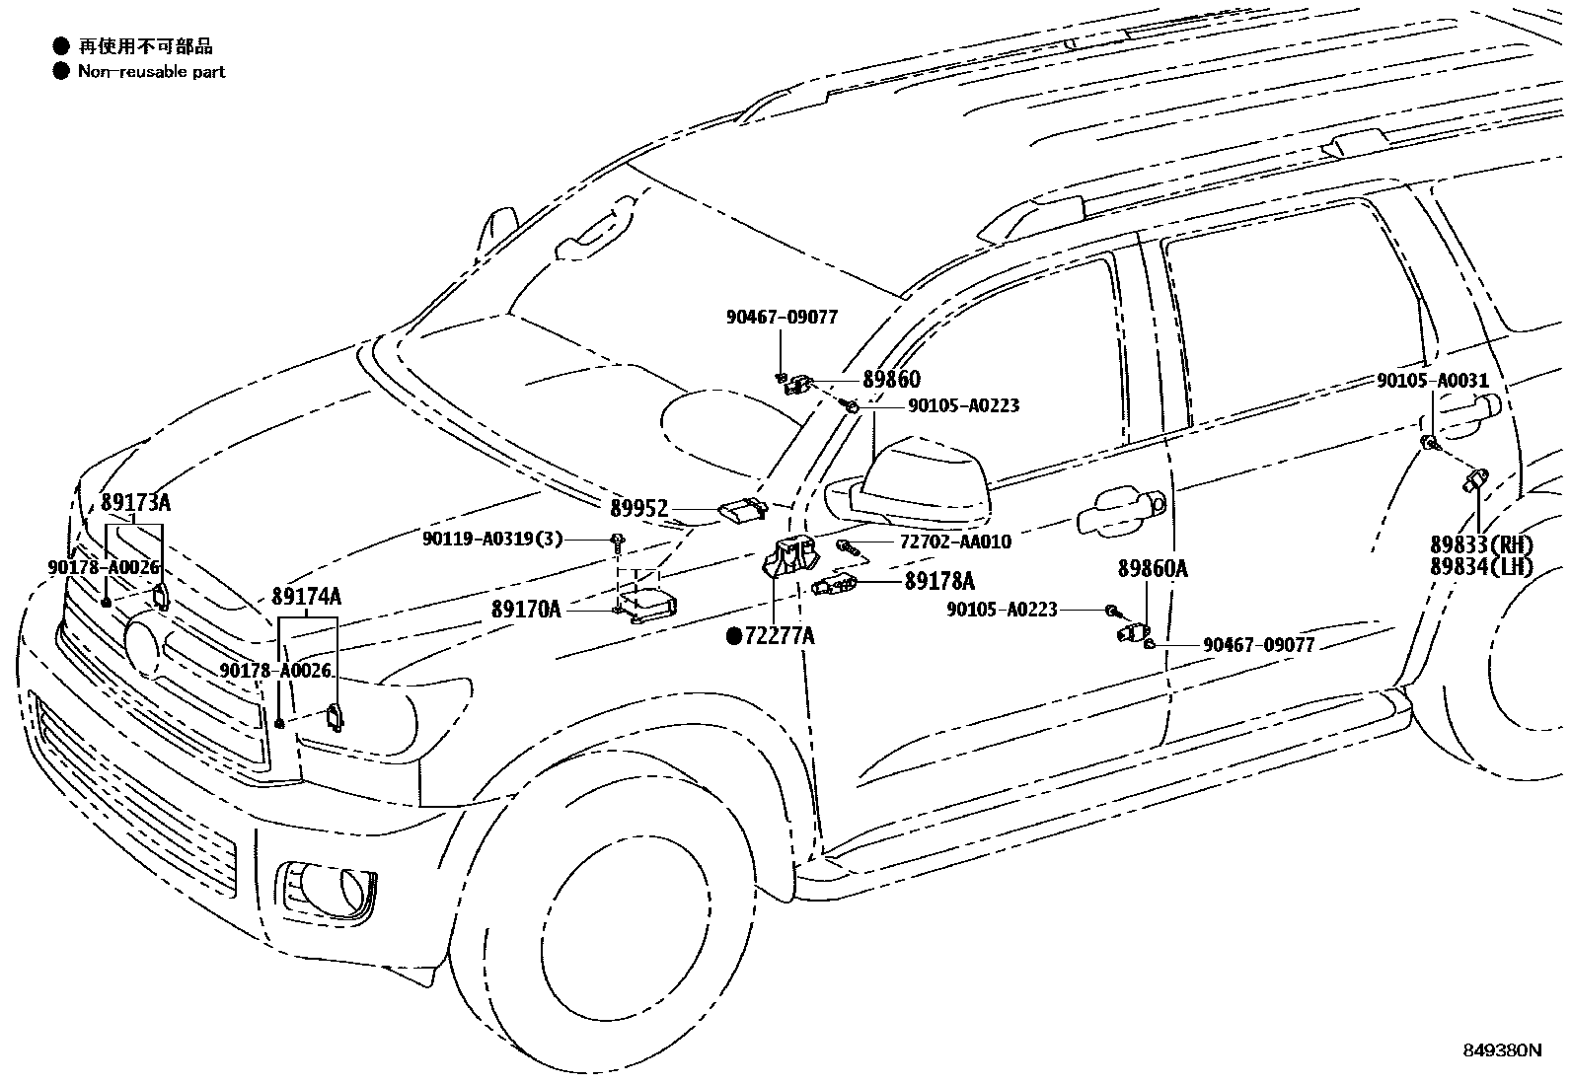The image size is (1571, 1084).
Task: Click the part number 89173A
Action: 135,503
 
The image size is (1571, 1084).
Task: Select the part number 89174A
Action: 307,597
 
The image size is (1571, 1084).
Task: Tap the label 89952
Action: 638,509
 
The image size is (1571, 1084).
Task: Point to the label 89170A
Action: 526,610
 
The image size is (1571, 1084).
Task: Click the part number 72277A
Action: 780,636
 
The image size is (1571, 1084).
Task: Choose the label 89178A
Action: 939,581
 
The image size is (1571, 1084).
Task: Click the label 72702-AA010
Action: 955,542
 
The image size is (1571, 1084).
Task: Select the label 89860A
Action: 1152,569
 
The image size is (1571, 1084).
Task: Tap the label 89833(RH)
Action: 1481,543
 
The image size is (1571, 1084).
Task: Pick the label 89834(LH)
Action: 1481,566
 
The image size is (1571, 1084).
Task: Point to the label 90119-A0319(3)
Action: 492,539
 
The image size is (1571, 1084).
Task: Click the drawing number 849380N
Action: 1501,1050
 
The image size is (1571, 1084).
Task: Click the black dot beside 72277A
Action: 734,637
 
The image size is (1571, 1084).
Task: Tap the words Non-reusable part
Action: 152,71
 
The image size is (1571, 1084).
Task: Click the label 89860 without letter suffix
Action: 891,379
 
